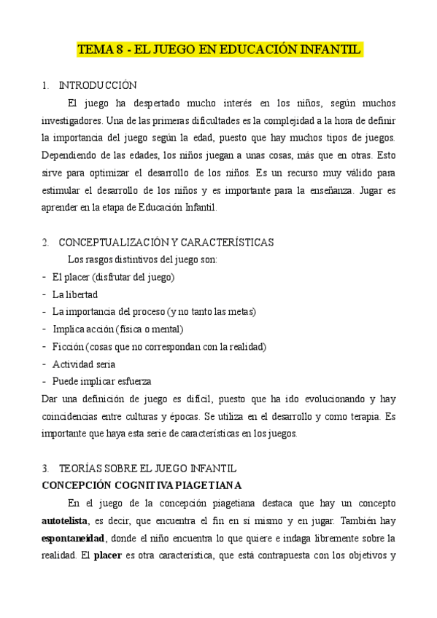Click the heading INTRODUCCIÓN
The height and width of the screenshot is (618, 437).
pos(97,85)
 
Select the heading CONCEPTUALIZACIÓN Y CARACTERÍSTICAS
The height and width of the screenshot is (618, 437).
pos(166,242)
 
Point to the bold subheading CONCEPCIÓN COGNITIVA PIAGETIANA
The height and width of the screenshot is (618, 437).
pos(142,485)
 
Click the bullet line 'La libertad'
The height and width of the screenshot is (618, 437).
pos(75,294)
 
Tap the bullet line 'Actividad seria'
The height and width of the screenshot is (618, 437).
pos(84,364)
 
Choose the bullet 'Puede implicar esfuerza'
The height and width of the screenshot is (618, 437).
pos(102,381)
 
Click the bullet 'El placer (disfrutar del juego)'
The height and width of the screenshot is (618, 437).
pos(113,277)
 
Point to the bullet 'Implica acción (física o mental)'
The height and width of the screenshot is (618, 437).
pos(117,329)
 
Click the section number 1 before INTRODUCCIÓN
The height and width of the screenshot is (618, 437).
pos(45,85)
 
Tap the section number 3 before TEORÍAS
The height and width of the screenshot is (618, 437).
pos(45,468)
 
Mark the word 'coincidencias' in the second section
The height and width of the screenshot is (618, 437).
pos(72,416)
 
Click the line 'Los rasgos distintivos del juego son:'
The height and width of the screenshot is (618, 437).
pos(142,259)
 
